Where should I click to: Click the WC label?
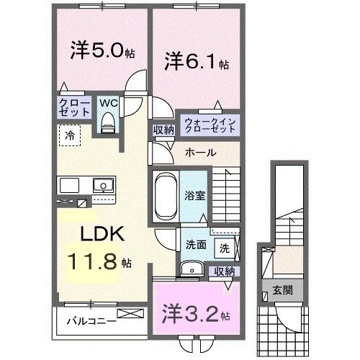click(109, 103)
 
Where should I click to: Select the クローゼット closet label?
click(73, 108)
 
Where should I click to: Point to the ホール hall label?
click(199, 153)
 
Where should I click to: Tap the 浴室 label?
click(192, 194)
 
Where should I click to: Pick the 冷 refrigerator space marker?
click(70, 134)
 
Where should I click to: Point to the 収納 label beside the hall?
click(163, 130)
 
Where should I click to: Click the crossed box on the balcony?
click(133, 314)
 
